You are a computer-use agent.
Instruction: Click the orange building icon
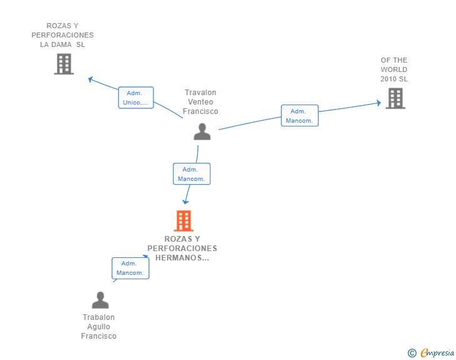point(184,221)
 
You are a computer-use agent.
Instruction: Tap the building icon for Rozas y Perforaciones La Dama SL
point(64,64)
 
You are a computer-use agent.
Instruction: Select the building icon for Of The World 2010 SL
point(395,98)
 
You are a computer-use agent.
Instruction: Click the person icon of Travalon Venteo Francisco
point(202,131)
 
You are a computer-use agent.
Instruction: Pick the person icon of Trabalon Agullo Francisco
point(100,300)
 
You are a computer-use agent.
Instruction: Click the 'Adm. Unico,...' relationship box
point(136,98)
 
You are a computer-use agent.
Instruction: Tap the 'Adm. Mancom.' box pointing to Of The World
point(300,115)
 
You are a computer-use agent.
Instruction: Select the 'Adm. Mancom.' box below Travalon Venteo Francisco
point(192,174)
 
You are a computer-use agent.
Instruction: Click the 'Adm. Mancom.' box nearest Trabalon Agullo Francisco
point(130,268)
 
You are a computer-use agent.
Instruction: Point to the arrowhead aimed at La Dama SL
point(90,79)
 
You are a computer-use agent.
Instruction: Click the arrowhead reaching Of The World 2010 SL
point(378,103)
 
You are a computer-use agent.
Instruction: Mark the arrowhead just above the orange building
point(185,202)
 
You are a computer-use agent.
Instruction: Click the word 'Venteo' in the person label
point(200,102)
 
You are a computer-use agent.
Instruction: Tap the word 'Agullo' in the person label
point(98,327)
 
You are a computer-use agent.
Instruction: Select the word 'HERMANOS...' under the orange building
point(182,258)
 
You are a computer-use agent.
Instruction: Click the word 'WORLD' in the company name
point(394,69)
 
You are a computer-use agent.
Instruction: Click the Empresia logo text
point(437,352)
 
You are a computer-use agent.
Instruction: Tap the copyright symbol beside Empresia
point(412,353)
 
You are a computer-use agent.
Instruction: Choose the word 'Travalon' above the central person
point(200,93)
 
